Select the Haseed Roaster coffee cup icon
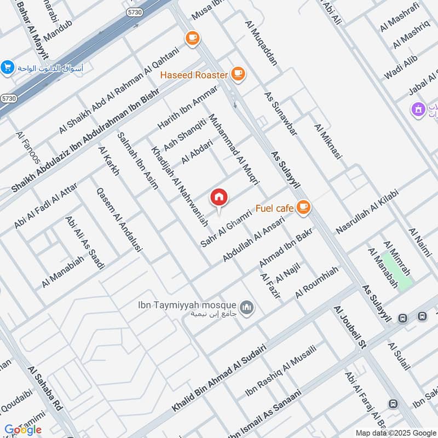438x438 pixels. click(x=238, y=73)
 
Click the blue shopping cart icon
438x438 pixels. click(x=7, y=67)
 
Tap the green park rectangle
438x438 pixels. click(x=396, y=270)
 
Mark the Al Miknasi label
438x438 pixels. click(x=328, y=141)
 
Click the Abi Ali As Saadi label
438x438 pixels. click(x=85, y=243)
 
